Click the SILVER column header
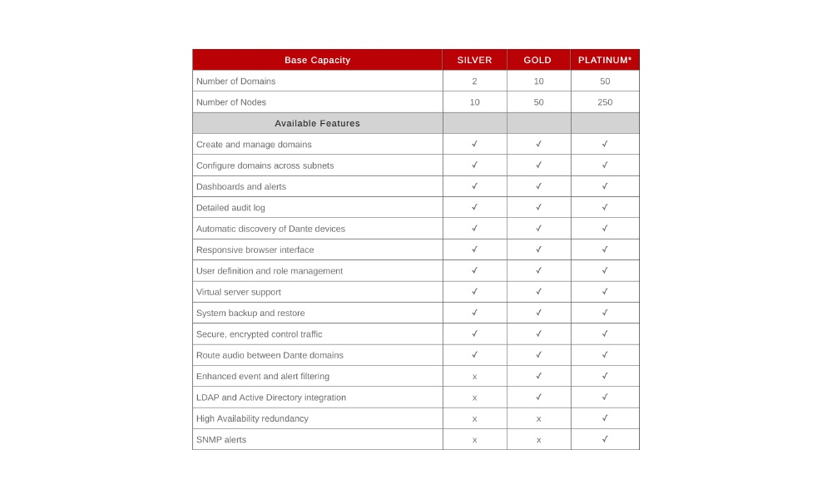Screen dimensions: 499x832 [474, 60]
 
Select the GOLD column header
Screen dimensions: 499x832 [538, 60]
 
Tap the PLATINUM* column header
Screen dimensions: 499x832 [605, 60]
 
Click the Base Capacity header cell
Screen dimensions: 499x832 [317, 60]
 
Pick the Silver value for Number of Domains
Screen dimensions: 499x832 [474, 82]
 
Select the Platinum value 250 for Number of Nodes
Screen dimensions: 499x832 [605, 102]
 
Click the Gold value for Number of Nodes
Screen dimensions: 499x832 [538, 102]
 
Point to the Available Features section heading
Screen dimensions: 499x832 [317, 123]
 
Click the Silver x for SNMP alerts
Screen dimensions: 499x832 [474, 440]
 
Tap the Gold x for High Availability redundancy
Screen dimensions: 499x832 [538, 418]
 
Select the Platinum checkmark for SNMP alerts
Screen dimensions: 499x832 [605, 439]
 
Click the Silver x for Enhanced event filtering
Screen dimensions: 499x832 [474, 377]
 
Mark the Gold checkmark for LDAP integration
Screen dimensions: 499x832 [538, 397]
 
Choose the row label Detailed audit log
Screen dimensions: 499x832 [230, 208]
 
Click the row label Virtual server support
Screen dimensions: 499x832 [238, 292]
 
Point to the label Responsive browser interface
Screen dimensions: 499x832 [255, 249]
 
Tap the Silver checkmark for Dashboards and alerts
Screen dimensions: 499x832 [474, 186]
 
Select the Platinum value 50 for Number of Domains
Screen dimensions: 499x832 [605, 82]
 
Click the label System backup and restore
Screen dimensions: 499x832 [250, 314]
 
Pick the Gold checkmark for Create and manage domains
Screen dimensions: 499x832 [538, 144]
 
